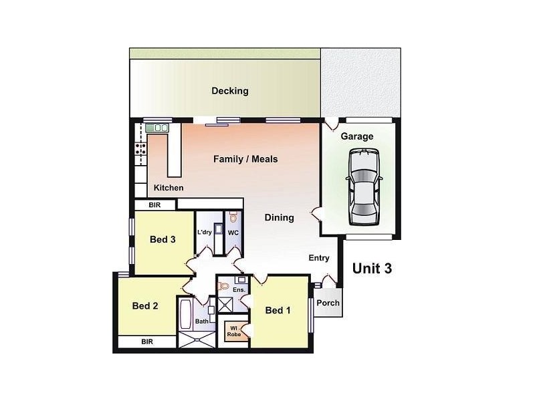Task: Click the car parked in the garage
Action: point(362,188)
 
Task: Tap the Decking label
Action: point(230,91)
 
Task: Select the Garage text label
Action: point(357,136)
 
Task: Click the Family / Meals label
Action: point(245,159)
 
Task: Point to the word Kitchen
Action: point(169,188)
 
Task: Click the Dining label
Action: point(279,217)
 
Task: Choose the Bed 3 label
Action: point(163,240)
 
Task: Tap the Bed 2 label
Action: point(145,306)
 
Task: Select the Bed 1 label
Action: point(278,310)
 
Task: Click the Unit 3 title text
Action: point(372,269)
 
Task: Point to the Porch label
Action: point(328,303)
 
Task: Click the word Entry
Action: point(319,258)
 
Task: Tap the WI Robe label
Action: point(234,330)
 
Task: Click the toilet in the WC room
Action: point(233,218)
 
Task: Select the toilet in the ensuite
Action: point(225,286)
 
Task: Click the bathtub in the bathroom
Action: point(185,313)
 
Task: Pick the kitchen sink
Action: point(158,128)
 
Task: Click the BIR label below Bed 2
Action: point(146,341)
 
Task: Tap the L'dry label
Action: point(205,233)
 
